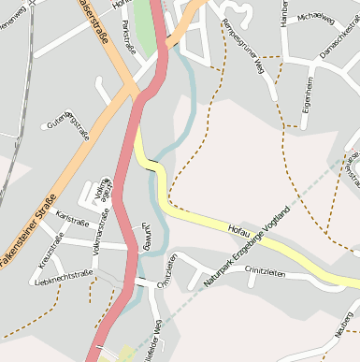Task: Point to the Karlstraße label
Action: coord(72,215)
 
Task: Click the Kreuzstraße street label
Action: coord(50,251)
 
